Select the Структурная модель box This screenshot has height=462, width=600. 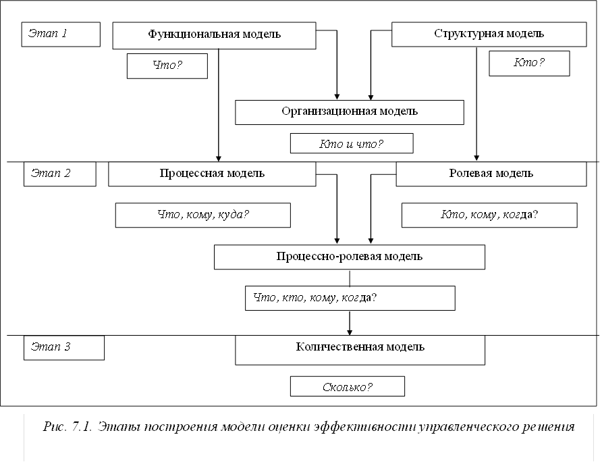[489, 34]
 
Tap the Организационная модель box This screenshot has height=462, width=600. [349, 112]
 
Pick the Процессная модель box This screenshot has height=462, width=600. [212, 174]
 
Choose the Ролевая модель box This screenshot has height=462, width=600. [491, 174]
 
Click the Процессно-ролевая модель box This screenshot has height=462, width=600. [349, 257]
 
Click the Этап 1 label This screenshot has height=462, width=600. [61, 34]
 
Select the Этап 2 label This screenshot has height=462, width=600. [59, 174]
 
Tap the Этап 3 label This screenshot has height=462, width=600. [65, 348]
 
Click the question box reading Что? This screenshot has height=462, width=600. [167, 66]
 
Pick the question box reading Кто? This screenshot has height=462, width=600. [528, 63]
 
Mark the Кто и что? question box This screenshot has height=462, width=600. [351, 144]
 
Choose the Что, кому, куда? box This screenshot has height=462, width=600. [202, 215]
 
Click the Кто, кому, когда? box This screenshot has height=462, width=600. [489, 215]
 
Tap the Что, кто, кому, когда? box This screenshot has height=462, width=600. [350, 298]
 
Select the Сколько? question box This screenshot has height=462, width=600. [347, 386]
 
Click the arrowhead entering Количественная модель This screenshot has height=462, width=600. [350, 332]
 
